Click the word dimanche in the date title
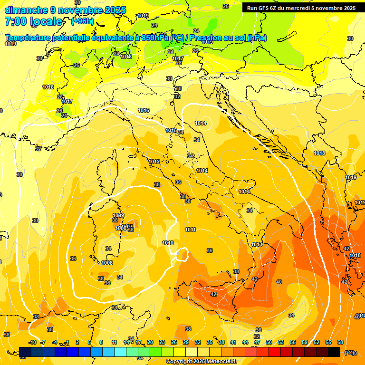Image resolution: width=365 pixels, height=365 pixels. pyautogui.click(x=26, y=10)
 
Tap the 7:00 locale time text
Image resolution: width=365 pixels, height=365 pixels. pyautogui.click(x=33, y=21)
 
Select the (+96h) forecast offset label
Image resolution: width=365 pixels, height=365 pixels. pyautogui.click(x=82, y=21)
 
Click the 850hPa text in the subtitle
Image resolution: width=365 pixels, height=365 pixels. pyautogui.click(x=155, y=38)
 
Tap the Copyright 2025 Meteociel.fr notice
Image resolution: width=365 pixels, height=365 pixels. pyautogui.click(x=202, y=361)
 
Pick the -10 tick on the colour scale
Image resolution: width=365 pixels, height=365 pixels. pyautogui.click(x=32, y=342)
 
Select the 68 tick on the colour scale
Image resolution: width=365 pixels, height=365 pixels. pyautogui.click(x=340, y=342)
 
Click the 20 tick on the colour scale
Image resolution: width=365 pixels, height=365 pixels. pyautogui.click(x=150, y=342)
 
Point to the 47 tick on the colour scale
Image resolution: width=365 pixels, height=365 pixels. pyautogui.click(x=257, y=342)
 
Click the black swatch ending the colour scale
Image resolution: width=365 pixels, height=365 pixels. pyautogui.click(x=334, y=352)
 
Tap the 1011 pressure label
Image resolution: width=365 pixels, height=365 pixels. pyautogui.click(x=191, y=230)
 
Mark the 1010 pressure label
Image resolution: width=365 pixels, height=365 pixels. pyautogui.click(x=168, y=243)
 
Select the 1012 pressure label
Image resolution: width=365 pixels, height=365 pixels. pyautogui.click(x=154, y=162)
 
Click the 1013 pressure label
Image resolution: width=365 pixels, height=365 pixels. pyautogui.click(x=257, y=244)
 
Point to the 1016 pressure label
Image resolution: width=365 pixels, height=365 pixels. pyautogui.click(x=144, y=110)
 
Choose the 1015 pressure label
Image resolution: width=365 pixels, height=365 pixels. pyautogui.click(x=171, y=130)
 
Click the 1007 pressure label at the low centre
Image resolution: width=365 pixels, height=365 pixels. pyautogui.click(x=127, y=227)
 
